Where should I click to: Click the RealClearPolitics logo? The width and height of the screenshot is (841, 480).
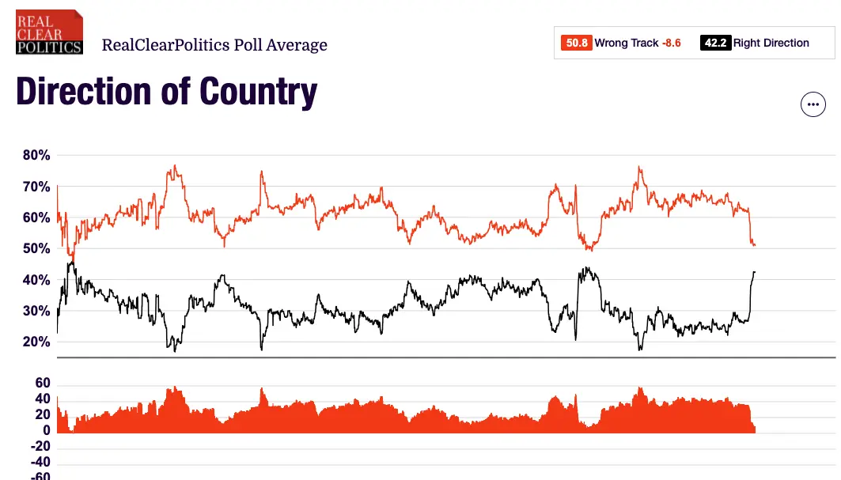(49, 32)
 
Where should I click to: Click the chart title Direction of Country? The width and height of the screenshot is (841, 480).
(166, 92)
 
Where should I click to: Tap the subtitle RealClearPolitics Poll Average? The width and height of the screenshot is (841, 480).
(214, 45)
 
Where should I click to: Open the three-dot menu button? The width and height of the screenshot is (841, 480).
(813, 104)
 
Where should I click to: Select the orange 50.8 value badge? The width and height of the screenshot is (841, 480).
(575, 43)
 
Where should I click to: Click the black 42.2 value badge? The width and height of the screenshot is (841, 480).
(714, 43)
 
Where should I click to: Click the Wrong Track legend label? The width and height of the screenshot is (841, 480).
(627, 43)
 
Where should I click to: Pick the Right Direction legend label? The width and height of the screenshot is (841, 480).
(771, 43)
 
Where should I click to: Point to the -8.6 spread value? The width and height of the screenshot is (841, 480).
(672, 43)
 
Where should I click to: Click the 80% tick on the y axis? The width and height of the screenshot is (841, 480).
(36, 156)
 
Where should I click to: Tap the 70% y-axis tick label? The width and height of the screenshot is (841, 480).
(36, 187)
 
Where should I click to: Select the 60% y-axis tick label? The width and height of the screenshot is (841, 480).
(36, 218)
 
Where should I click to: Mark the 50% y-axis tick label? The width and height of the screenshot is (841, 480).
(36, 249)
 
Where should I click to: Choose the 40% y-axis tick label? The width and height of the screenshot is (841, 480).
(36, 281)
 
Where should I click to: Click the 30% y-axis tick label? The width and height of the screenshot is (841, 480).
(36, 312)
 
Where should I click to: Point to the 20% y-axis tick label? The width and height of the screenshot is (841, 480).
(36, 342)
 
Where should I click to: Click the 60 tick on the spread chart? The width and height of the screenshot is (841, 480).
(42, 384)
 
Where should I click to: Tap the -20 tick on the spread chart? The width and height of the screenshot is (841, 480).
(39, 447)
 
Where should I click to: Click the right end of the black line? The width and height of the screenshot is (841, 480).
(755, 272)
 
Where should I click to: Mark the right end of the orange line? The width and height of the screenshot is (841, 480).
(755, 245)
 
